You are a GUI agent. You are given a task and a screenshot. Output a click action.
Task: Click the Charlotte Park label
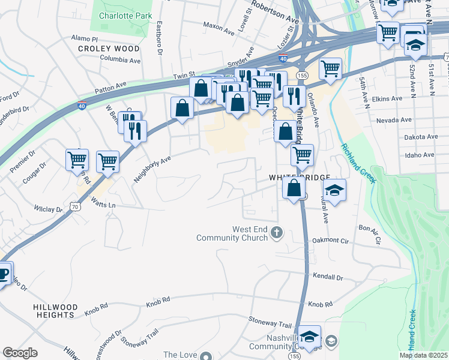click(125, 16)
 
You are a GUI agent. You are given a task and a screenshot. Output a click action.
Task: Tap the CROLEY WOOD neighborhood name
click(109, 49)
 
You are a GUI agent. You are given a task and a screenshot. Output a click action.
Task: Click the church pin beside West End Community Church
click(276, 232)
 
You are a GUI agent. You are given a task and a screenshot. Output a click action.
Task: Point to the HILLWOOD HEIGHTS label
click(55, 311)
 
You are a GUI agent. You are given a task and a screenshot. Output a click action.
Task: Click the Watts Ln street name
click(103, 205)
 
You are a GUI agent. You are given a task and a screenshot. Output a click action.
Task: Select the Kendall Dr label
click(328, 277)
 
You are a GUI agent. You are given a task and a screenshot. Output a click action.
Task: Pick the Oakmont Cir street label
click(330, 241)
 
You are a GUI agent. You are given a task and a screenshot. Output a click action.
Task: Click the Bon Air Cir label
click(370, 232)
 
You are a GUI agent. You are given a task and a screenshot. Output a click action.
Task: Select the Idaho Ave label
click(420, 155)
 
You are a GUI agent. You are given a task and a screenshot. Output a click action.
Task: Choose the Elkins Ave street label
click(387, 98)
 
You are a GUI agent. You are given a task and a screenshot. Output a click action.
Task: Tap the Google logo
click(20, 353)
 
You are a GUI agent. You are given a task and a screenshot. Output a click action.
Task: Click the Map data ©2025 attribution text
click(423, 355)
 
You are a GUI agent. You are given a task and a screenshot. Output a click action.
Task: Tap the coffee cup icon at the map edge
click(3, 274)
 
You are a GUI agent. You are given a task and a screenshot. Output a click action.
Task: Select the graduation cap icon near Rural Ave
click(334, 191)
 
